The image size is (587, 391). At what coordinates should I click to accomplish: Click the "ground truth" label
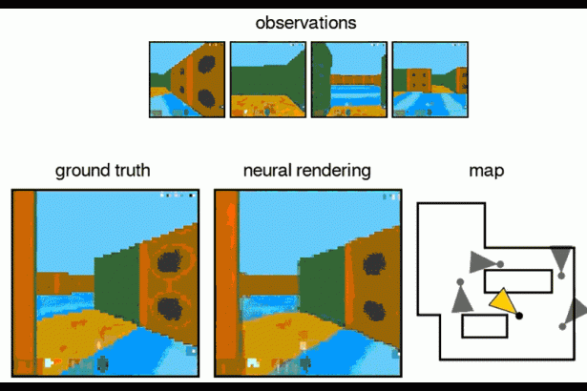102,172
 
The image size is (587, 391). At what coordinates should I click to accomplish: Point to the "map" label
487,172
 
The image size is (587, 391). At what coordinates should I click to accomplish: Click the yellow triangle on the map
503,302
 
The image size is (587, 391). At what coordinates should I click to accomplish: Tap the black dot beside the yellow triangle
519,315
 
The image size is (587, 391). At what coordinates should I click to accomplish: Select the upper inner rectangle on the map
517,280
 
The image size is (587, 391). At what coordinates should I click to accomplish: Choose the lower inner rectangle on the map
484,325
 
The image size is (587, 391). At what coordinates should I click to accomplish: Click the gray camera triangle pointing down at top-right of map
561,257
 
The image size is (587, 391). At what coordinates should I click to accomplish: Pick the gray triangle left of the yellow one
462,298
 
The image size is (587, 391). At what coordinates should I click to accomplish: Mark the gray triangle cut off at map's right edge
578,309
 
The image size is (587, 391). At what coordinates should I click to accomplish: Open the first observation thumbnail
187,79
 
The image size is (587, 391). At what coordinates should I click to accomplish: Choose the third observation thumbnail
349,79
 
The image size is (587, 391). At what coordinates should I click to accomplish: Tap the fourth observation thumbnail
430,79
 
